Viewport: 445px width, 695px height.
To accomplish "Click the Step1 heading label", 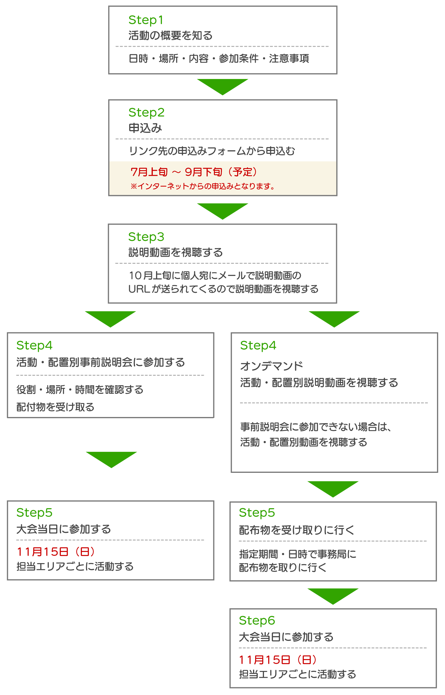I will tap(146, 20).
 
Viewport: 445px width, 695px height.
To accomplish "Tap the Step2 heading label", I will tap(146, 113).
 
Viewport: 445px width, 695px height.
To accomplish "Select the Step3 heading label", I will tap(146, 237).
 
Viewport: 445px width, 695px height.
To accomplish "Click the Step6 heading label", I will tap(257, 620).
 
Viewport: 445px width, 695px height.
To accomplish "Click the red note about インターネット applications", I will tap(202, 186).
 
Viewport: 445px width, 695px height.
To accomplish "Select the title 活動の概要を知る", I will tap(171, 36).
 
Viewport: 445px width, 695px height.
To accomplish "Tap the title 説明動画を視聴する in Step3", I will tap(175, 252).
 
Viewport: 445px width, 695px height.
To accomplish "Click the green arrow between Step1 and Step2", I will tap(223, 86).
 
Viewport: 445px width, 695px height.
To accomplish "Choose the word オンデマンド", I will tap(271, 366).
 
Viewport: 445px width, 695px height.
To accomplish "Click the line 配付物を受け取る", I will tap(55, 407).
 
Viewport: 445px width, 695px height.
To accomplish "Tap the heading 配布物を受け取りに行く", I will tap(297, 530).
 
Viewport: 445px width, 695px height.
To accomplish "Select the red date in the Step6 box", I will tap(278, 660).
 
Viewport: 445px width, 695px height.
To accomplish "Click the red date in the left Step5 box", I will tap(56, 552).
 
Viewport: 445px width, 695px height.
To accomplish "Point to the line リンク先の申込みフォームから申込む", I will tap(212, 151).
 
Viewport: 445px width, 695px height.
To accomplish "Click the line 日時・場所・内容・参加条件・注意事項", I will tap(219, 59).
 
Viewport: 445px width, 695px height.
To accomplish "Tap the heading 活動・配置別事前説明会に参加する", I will tap(101, 362).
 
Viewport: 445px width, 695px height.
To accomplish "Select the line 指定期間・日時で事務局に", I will tap(298, 554).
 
